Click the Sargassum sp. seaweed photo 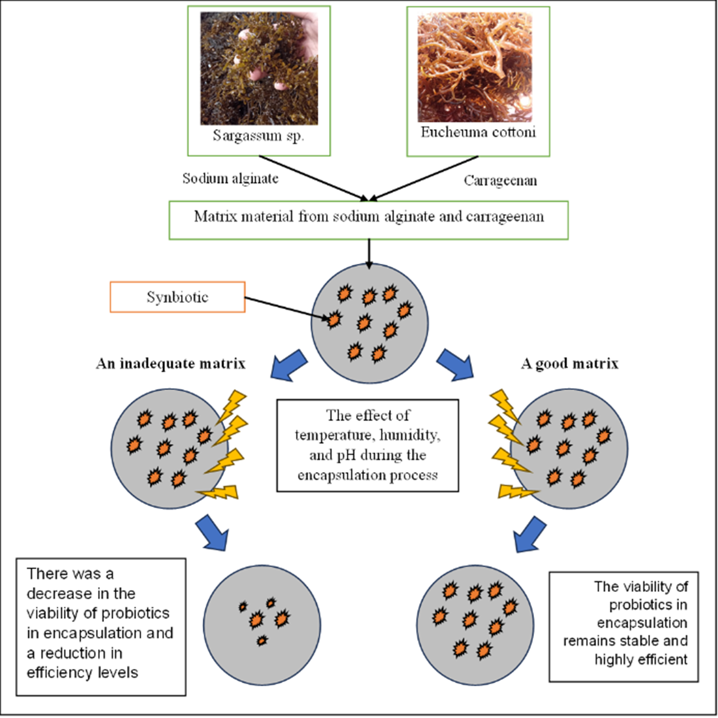259,68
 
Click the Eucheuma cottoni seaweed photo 475,67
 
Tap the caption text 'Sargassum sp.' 258,135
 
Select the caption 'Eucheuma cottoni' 478,132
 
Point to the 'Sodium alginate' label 231,179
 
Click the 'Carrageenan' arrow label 500,180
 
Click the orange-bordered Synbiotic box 178,297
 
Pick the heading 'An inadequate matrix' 171,363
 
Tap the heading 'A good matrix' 569,363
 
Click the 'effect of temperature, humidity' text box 367,445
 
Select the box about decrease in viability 101,627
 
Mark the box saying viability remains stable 624,626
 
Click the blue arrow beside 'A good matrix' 455,364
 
